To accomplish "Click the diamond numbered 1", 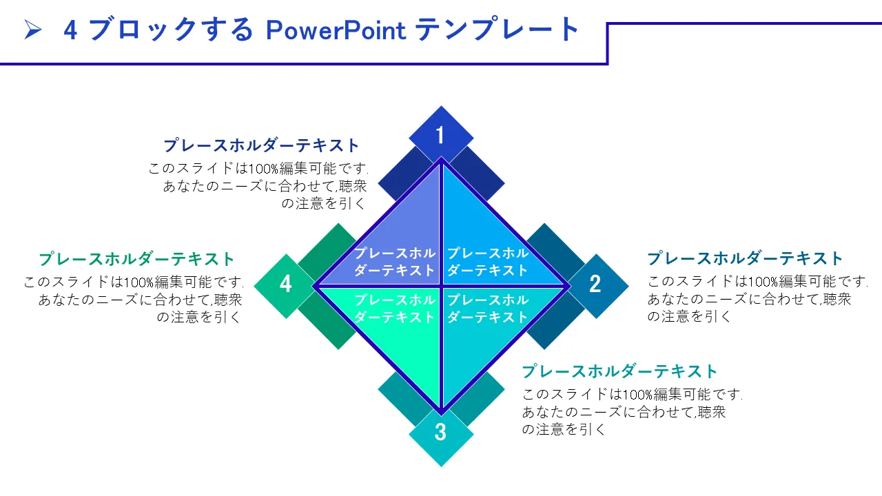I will [x=441, y=135].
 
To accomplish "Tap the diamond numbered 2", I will [x=595, y=284].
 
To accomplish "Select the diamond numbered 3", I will [x=441, y=433].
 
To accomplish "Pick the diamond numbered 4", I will [x=286, y=284].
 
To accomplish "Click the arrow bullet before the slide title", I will [x=33, y=30].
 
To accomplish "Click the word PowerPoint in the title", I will [x=336, y=30].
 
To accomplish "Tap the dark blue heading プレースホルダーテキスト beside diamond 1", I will [x=262, y=145].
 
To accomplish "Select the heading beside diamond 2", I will [x=745, y=258].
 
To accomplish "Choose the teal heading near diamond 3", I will [x=620, y=371].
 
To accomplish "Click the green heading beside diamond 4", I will [x=137, y=259].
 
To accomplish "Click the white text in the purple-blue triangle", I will [x=395, y=262].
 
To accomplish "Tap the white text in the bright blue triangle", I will [x=488, y=262].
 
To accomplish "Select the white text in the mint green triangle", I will [x=395, y=309].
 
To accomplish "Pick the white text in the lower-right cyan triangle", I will [x=488, y=309].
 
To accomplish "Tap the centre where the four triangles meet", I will [x=441, y=285].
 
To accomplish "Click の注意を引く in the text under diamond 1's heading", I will [x=324, y=203].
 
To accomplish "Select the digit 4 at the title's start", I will [x=70, y=30].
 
